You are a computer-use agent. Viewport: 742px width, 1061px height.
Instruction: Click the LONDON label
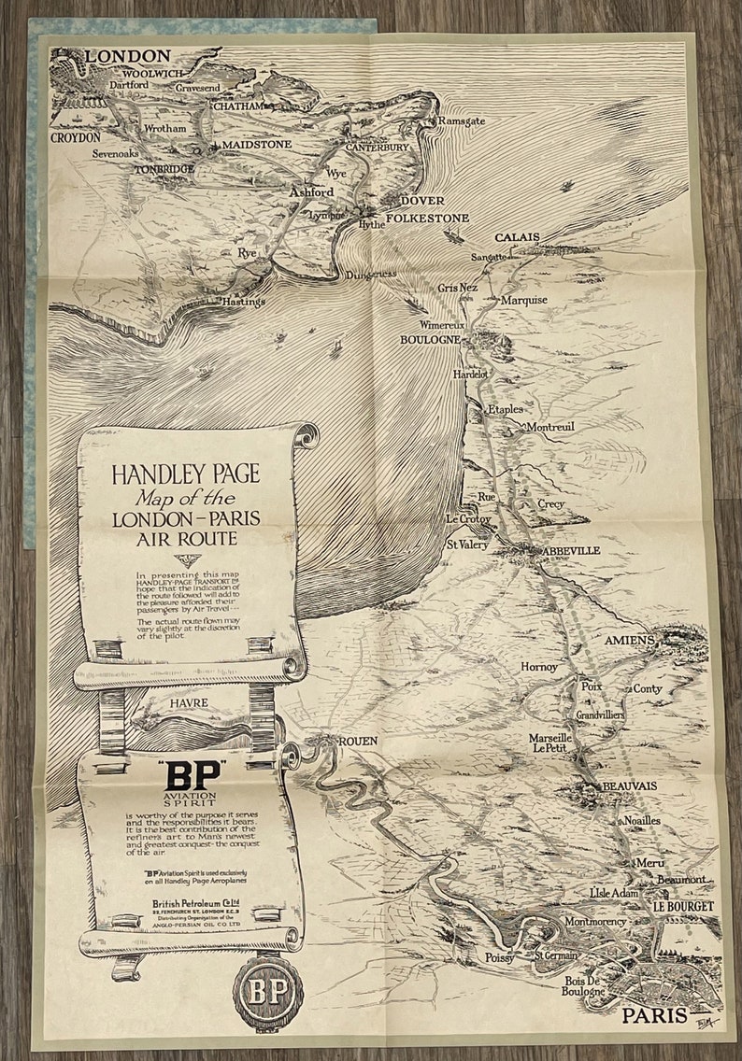click(x=128, y=56)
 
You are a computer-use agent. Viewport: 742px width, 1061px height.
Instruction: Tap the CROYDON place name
click(x=75, y=137)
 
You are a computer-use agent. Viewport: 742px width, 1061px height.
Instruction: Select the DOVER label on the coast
click(x=421, y=201)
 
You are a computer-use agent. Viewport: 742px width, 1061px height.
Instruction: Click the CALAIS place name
click(x=517, y=237)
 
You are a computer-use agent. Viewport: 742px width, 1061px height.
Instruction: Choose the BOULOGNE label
click(x=430, y=339)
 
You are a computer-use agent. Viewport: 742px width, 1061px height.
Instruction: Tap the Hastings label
click(x=243, y=301)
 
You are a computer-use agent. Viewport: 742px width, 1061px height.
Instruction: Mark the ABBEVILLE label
click(x=568, y=550)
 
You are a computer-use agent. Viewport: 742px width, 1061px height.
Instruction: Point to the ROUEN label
click(x=358, y=741)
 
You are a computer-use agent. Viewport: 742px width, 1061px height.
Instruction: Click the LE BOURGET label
click(x=683, y=906)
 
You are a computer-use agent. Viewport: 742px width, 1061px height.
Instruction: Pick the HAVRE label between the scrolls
click(x=189, y=703)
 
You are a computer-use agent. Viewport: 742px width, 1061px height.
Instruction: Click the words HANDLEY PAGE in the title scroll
click(x=186, y=474)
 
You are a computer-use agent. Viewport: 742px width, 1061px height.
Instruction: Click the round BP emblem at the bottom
click(x=268, y=992)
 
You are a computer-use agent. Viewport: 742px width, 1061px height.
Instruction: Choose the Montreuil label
click(x=550, y=427)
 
